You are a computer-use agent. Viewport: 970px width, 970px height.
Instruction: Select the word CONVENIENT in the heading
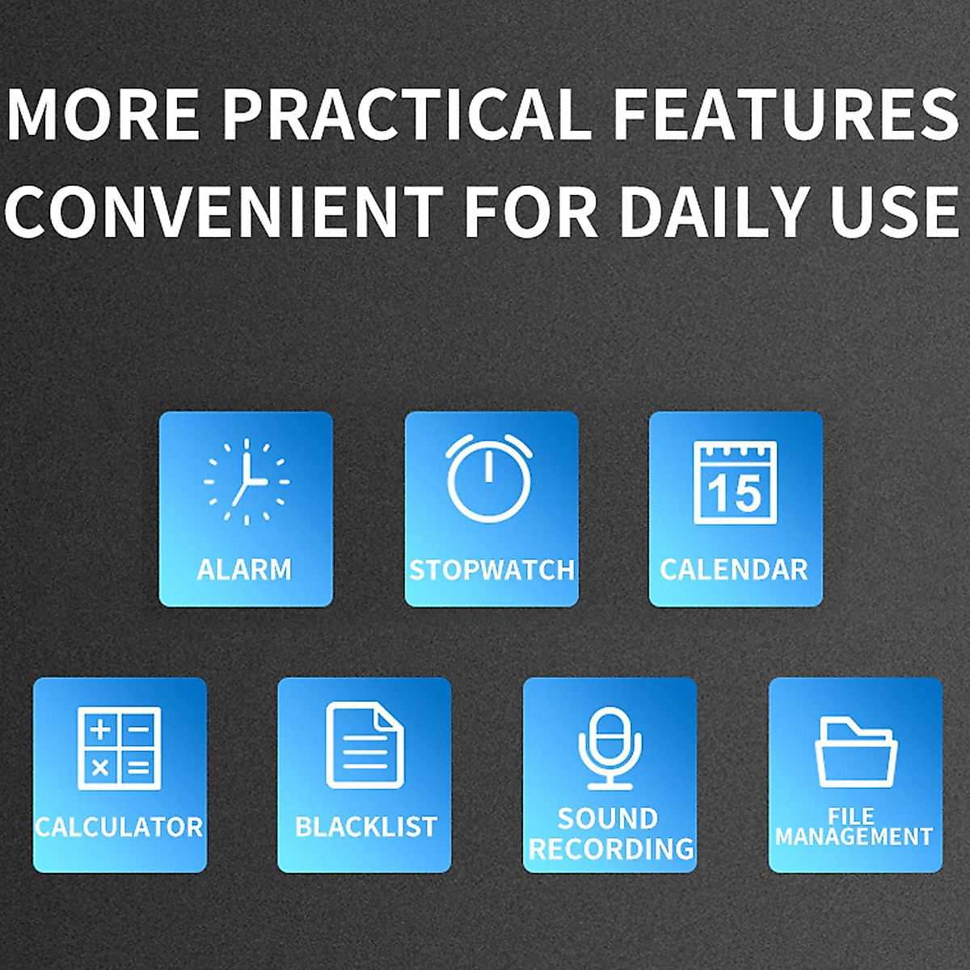point(223,212)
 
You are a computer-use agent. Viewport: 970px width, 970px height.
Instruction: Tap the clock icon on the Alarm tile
point(247,482)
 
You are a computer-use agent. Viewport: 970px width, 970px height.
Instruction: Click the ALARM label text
point(245,570)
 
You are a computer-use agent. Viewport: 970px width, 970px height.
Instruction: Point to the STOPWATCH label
point(491,570)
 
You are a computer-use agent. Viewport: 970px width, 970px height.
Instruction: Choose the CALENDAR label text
point(735,570)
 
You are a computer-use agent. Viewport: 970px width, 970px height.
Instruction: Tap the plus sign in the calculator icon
point(101,729)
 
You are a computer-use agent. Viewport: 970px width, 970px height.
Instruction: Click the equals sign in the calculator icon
point(138,768)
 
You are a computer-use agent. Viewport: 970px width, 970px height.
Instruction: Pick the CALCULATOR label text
point(120,826)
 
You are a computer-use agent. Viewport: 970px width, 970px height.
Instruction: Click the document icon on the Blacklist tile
point(365,744)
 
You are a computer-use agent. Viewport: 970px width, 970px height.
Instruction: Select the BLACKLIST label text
point(366,827)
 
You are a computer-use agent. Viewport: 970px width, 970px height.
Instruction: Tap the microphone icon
point(610,748)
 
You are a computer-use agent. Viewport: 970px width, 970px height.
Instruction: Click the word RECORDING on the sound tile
point(611,849)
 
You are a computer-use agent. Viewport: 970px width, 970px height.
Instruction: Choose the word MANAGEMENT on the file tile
point(854,837)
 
